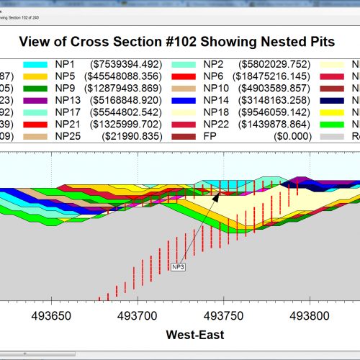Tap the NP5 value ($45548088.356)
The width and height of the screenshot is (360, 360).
point(135,76)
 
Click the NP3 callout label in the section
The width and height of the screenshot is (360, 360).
point(179,267)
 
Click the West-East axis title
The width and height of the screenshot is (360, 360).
point(194,334)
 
